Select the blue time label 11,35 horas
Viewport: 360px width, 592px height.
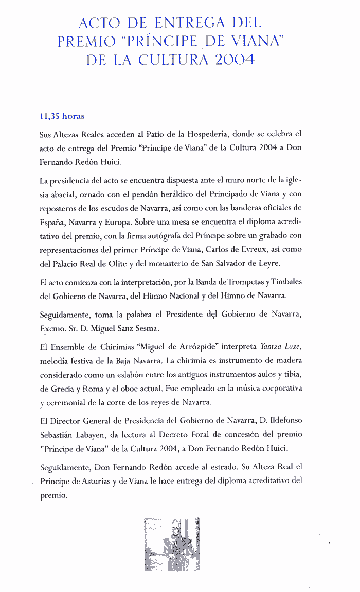62,116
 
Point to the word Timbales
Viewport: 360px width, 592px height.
283,283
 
